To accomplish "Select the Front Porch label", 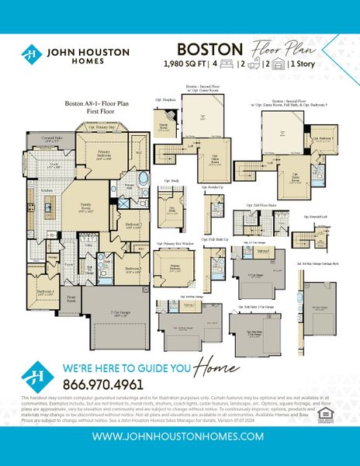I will [x=72, y=297].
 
